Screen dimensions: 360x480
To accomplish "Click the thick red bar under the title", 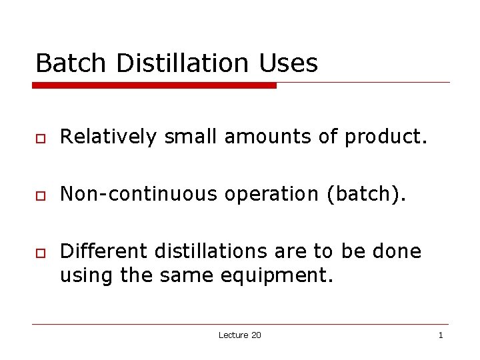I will (155, 85).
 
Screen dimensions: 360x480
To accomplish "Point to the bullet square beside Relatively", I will (40, 138).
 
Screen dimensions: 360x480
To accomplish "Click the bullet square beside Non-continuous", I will (40, 195).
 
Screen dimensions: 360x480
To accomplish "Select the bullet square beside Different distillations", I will (40, 252).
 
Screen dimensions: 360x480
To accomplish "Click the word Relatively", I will (109, 137).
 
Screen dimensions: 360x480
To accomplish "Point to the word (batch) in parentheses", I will (365, 194).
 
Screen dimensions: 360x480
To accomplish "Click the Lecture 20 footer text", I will (239, 335).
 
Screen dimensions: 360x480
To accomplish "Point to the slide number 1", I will (440, 335).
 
